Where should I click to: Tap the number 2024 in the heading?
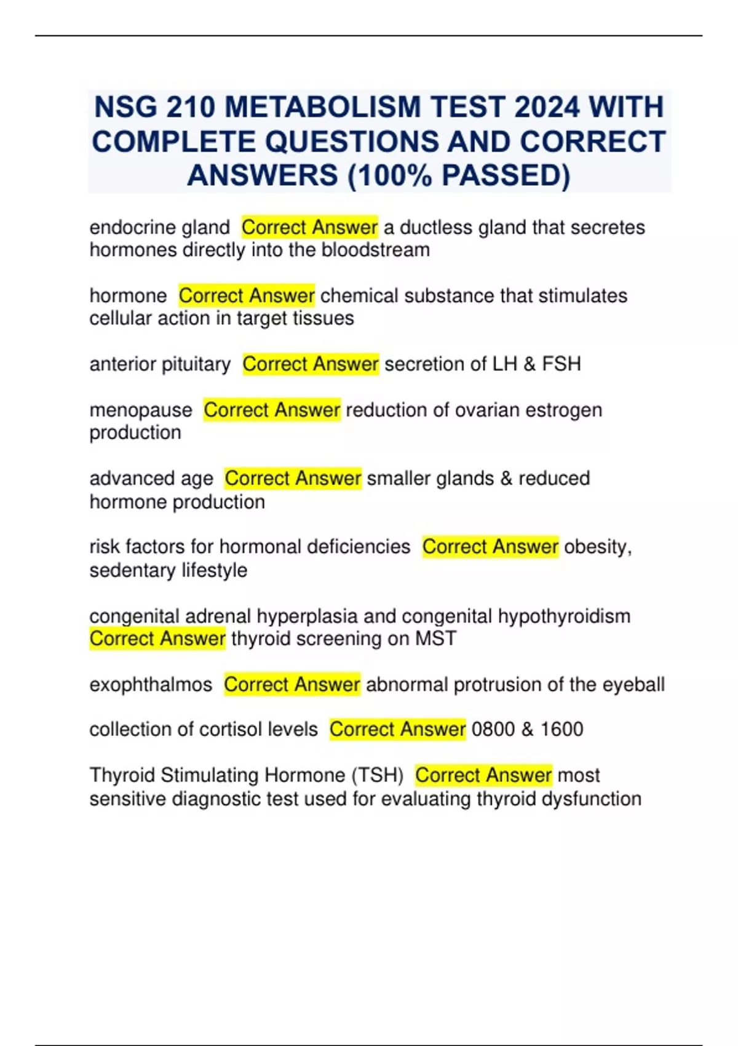[x=547, y=107]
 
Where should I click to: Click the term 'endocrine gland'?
[x=159, y=228]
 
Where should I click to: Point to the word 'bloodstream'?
[x=375, y=250]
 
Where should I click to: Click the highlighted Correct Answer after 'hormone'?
[x=247, y=296]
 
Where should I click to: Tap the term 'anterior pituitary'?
[x=160, y=364]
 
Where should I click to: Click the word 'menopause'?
[x=141, y=410]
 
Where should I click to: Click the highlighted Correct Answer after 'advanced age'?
[x=293, y=478]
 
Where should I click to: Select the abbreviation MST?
[x=435, y=639]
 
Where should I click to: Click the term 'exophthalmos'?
[x=151, y=684]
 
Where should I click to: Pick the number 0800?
[x=493, y=729]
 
